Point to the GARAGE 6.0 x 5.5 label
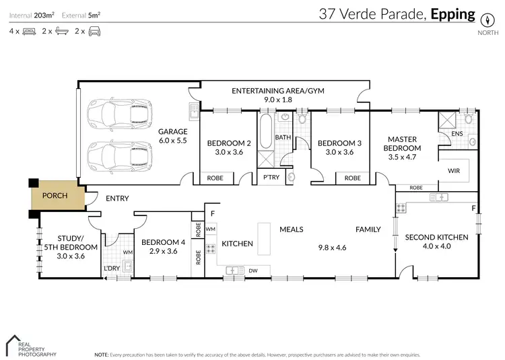tap(172, 136)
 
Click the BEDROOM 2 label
tap(229, 147)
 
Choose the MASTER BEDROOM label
tap(403, 148)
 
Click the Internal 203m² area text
tap(31, 14)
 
